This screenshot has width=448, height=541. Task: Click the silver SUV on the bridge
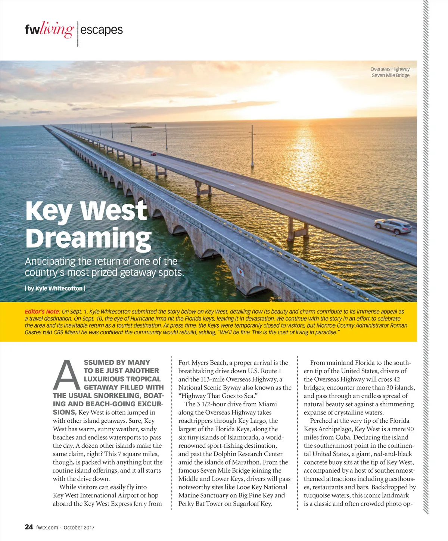pyautogui.click(x=393, y=226)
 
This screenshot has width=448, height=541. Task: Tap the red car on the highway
pyautogui.click(x=153, y=154)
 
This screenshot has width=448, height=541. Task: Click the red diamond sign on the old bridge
pyautogui.click(x=241, y=271)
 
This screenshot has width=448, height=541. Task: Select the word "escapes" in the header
pyautogui.click(x=101, y=29)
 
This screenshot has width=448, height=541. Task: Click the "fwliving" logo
pyautogui.click(x=49, y=29)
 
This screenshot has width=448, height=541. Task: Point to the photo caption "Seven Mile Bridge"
pyautogui.click(x=391, y=75)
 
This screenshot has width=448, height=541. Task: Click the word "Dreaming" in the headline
pyautogui.click(x=88, y=238)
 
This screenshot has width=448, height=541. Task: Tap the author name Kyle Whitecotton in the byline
pyautogui.click(x=59, y=288)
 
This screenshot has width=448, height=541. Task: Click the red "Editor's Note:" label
pyautogui.click(x=42, y=312)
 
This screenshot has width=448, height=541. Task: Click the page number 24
pyautogui.click(x=29, y=527)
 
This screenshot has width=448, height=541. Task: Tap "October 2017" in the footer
pyautogui.click(x=79, y=528)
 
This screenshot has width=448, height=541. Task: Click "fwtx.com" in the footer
pyautogui.click(x=47, y=528)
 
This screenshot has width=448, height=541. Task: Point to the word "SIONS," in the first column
pyautogui.click(x=65, y=412)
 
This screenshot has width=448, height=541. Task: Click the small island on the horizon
pyautogui.click(x=141, y=127)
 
